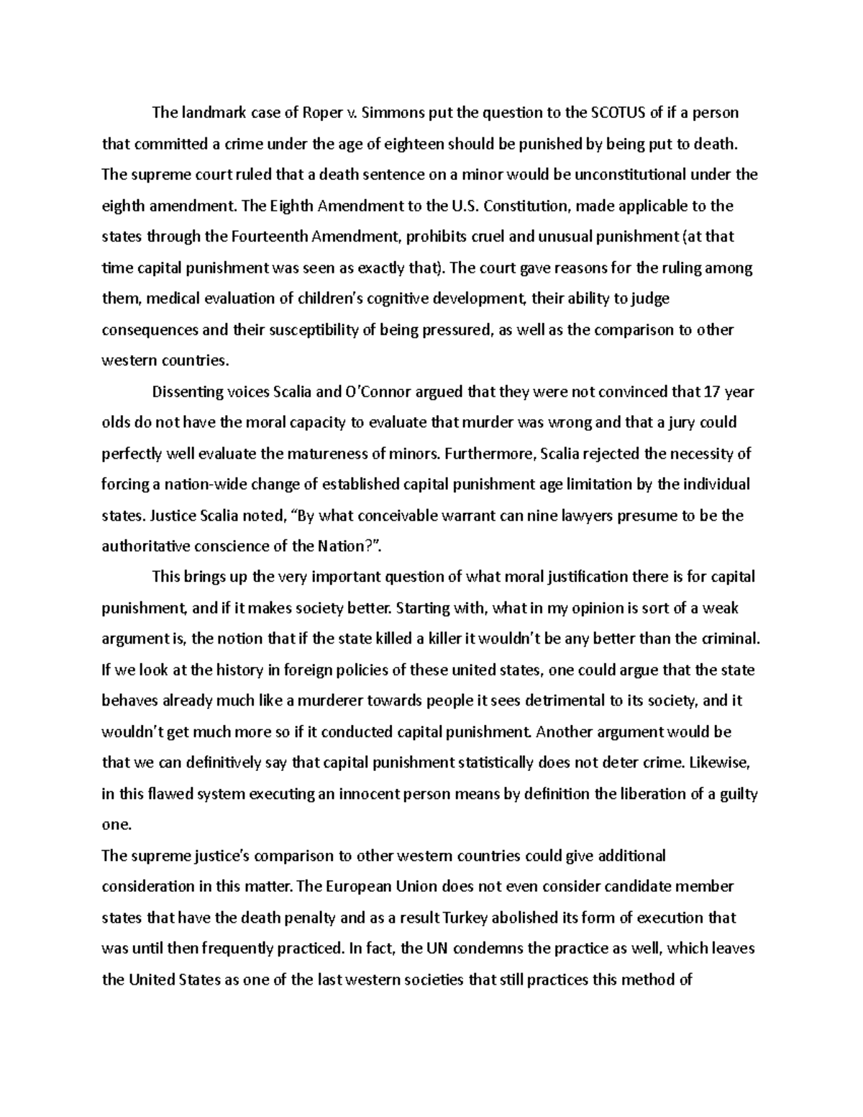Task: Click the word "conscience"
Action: tap(238, 547)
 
